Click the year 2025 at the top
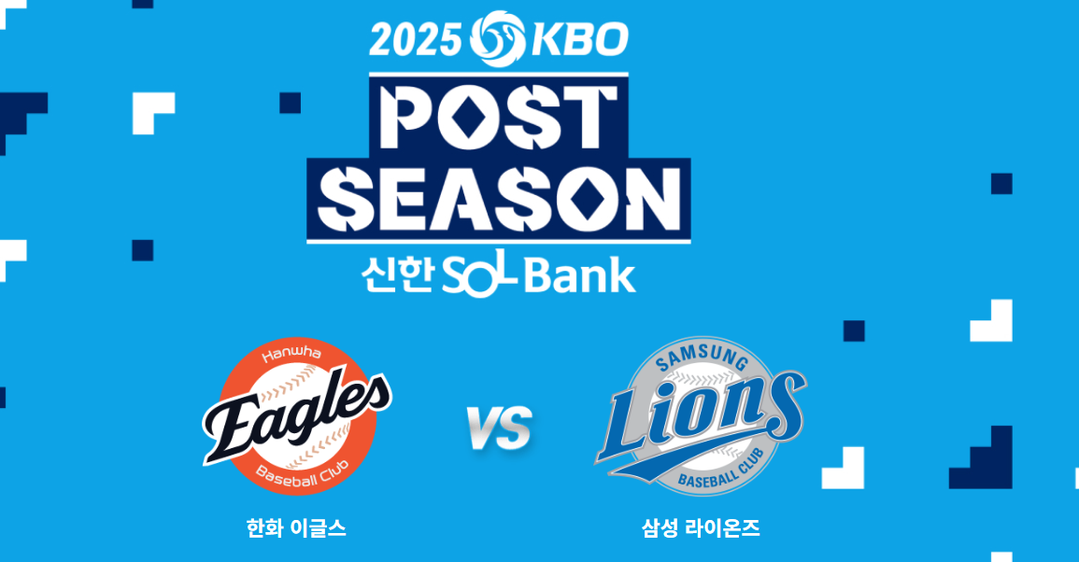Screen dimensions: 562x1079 tap(415, 39)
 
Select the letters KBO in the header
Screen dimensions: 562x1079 tap(580, 39)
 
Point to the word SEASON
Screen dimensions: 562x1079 tap(499, 199)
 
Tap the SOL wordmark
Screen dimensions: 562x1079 tap(479, 276)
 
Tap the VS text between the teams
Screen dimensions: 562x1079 tap(500, 429)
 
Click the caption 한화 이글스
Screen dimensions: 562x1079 tap(296, 528)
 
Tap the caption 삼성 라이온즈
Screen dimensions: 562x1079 tap(701, 528)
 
